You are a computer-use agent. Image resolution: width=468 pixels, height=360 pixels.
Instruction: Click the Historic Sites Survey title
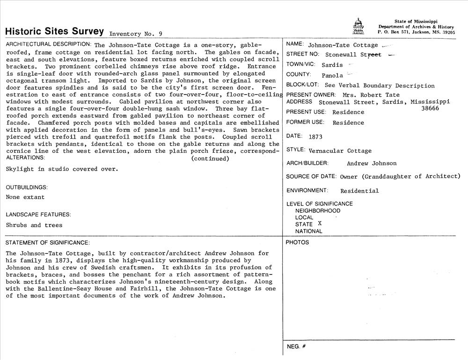click(54, 32)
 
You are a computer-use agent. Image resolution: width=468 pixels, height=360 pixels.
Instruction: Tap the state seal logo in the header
click(358, 27)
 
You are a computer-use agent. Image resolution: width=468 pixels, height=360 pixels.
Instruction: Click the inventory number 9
click(161, 34)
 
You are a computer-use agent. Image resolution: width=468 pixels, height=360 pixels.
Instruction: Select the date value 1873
click(315, 137)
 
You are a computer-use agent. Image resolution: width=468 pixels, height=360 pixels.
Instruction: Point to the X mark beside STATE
click(320, 223)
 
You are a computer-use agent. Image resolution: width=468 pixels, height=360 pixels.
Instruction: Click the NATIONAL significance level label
click(308, 231)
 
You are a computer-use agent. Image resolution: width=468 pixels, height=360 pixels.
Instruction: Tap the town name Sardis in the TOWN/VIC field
click(332, 65)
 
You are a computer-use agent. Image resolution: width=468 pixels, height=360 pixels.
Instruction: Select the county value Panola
click(332, 75)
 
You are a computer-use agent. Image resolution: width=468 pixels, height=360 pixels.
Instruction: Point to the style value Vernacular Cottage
click(340, 151)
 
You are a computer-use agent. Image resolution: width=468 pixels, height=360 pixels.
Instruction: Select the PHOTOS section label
click(298, 242)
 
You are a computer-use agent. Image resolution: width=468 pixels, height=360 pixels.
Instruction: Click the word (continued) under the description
click(210, 158)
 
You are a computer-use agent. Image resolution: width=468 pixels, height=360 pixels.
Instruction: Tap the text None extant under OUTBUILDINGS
click(25, 197)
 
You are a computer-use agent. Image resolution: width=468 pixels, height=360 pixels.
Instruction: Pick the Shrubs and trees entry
click(34, 225)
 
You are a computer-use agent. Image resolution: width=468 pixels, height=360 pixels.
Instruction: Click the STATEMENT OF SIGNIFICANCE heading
click(47, 243)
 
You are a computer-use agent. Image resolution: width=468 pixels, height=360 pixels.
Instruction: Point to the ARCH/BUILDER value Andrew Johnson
click(372, 163)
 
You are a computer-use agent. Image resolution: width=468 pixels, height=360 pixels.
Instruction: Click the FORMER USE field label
click(305, 122)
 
